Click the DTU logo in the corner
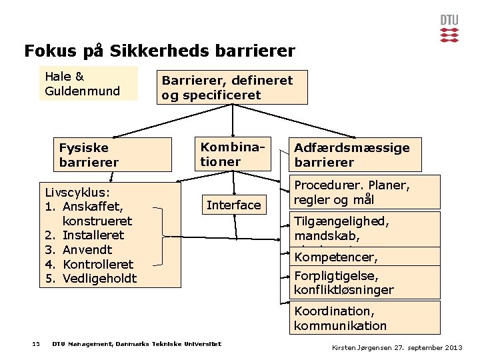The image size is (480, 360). click(449, 28)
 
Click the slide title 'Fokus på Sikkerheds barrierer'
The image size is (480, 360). click(159, 51)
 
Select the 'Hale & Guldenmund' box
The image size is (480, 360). click(89, 83)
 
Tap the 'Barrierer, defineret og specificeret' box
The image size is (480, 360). click(233, 87)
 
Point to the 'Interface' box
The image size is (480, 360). click(233, 205)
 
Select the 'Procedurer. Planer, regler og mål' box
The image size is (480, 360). click(364, 192)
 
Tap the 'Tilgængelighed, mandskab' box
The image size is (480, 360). click(364, 228)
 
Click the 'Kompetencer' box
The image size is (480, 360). click(364, 256)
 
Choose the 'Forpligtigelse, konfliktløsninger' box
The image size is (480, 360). click(364, 283)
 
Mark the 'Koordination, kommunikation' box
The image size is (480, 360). click(364, 318)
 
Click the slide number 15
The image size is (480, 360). click(36, 344)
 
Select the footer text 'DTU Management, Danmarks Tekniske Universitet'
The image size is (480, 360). click(137, 344)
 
